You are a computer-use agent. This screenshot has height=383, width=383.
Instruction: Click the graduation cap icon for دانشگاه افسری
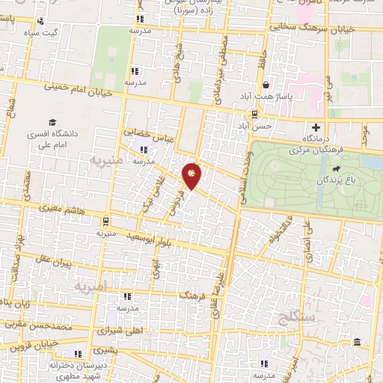point(52,123)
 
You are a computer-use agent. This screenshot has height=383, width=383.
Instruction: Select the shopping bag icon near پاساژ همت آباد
point(266,85)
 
